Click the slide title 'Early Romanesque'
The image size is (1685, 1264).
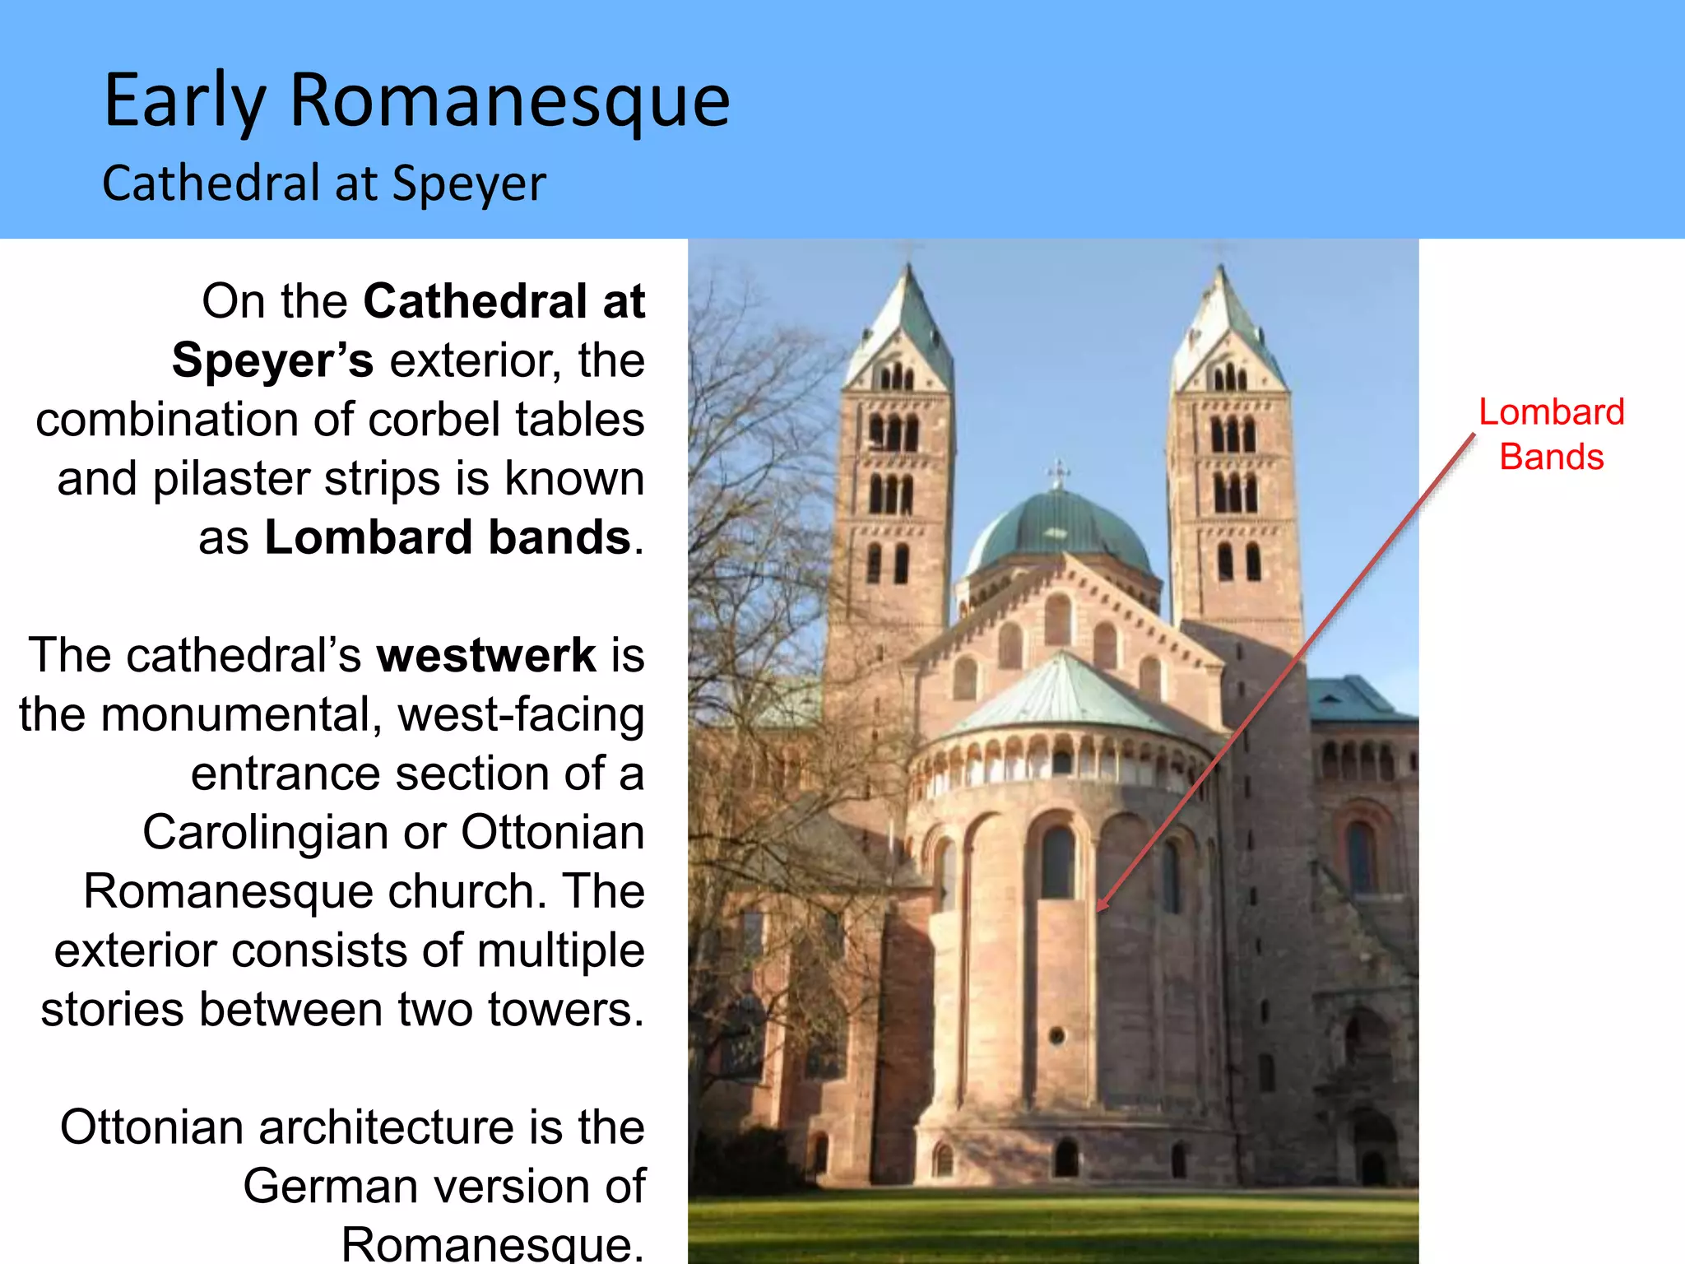pos(416,100)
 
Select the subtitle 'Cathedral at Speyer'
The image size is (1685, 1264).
pos(323,183)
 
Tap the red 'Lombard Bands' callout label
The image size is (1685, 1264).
pos(1551,434)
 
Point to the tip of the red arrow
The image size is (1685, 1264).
pos(1099,909)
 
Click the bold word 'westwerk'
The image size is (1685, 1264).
pos(486,655)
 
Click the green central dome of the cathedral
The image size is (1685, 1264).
pos(1060,531)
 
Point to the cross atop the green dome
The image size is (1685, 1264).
pos(1059,472)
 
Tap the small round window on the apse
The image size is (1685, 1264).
pos(1057,1036)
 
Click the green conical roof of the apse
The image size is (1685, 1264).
pos(1065,695)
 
